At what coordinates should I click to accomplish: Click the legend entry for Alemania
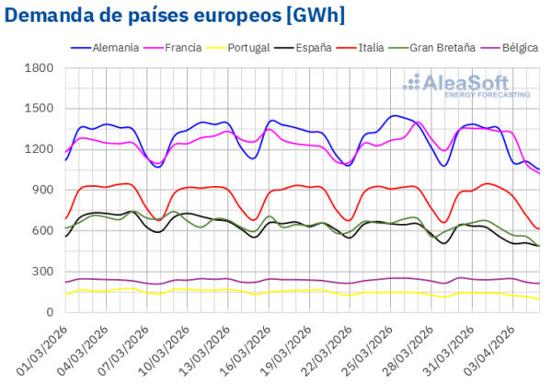107,46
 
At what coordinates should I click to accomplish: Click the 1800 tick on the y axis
41,67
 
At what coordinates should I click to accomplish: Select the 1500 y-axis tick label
41,109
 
